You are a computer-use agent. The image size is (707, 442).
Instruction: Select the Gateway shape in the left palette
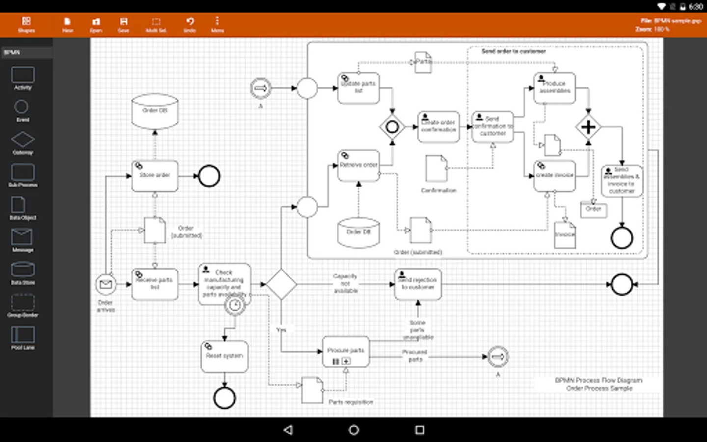click(x=23, y=142)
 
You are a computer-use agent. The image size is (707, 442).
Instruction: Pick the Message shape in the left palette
click(x=22, y=240)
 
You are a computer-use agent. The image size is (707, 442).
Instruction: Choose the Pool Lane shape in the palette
click(x=23, y=338)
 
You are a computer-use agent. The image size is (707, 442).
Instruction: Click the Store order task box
click(x=155, y=176)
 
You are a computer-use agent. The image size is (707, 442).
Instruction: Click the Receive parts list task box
click(x=155, y=284)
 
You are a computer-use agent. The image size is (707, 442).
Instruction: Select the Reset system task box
click(x=224, y=357)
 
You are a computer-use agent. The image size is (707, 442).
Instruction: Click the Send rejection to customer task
click(x=418, y=284)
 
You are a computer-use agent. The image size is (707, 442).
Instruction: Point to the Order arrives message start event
click(x=106, y=284)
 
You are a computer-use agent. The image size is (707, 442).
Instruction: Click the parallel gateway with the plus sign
click(x=588, y=127)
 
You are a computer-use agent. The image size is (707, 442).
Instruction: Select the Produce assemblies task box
click(x=555, y=88)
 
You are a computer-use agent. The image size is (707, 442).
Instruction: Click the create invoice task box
click(x=555, y=176)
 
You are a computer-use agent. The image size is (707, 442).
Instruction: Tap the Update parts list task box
click(x=358, y=88)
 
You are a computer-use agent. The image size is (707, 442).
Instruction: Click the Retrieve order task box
click(x=358, y=166)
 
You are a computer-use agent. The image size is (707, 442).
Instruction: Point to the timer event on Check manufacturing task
click(x=235, y=305)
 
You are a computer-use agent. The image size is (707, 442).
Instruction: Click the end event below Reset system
click(x=224, y=398)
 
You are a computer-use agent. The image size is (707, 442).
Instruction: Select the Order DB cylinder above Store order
click(x=155, y=111)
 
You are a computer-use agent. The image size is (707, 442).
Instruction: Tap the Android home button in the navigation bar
click(x=353, y=430)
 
